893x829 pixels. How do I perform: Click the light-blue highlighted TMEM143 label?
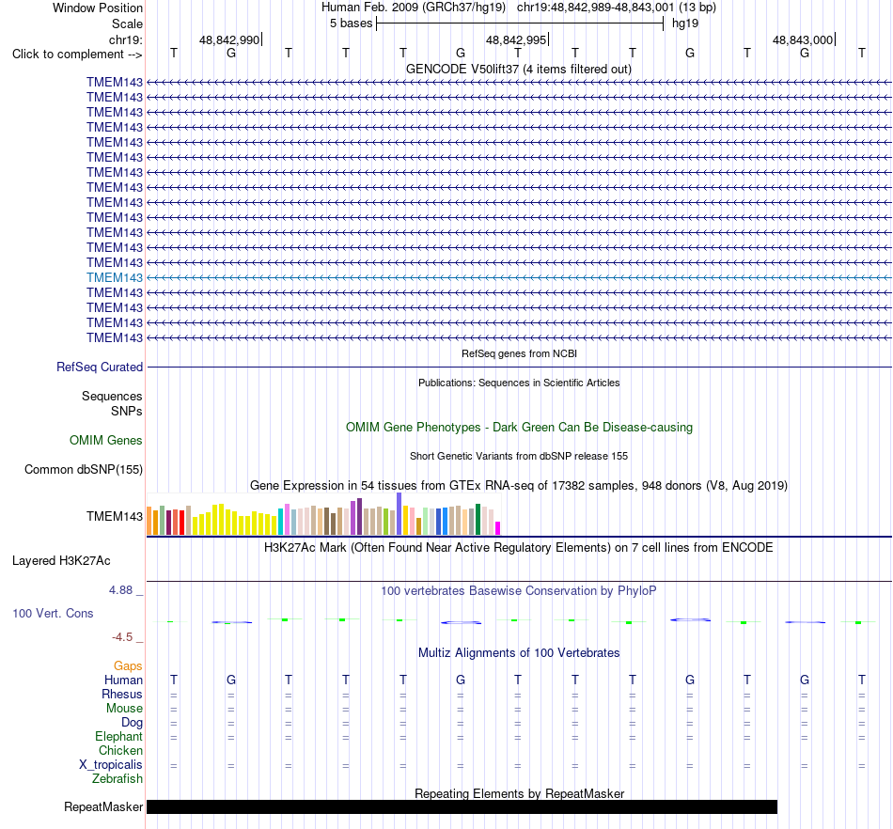pos(115,278)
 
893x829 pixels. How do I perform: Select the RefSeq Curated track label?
pos(100,368)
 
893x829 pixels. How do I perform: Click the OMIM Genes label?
pos(106,440)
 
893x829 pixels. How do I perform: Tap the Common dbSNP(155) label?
pos(84,470)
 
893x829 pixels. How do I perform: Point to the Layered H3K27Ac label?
pos(61,561)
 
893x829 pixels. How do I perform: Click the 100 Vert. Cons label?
pos(53,613)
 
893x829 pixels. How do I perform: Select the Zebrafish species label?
pos(117,779)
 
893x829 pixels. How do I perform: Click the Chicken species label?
pos(120,750)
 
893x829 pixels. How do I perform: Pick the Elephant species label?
pos(119,737)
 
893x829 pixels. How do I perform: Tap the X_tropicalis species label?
pos(111,765)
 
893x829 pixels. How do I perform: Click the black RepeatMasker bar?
pos(462,806)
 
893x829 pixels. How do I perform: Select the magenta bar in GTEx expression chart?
pos(498,528)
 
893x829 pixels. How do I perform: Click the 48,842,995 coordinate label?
pos(516,39)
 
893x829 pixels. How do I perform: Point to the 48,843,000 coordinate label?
pos(803,39)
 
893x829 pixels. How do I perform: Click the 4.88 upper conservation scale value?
pos(120,590)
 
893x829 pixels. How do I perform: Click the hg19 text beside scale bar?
pos(685,23)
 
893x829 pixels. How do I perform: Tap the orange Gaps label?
pos(128,666)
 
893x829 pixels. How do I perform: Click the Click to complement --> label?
pos(77,55)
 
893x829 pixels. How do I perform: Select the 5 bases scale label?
pos(351,23)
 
